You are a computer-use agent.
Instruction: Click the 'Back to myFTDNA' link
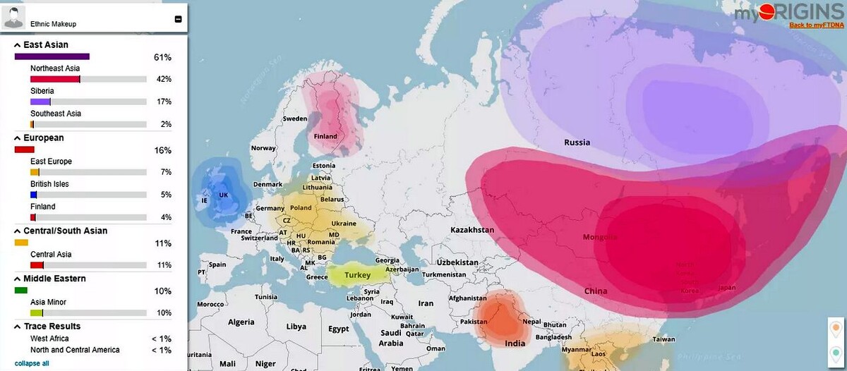click(x=816, y=25)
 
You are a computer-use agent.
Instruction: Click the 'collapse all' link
click(x=32, y=363)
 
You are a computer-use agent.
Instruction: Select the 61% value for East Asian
click(x=162, y=56)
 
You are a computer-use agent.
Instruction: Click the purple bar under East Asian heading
click(x=52, y=56)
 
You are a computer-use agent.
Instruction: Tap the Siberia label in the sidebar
click(x=42, y=91)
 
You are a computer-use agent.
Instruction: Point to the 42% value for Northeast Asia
click(x=164, y=79)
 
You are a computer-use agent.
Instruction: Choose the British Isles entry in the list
click(x=49, y=184)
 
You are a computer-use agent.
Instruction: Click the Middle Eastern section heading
click(x=54, y=279)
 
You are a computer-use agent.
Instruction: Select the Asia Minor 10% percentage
click(x=163, y=312)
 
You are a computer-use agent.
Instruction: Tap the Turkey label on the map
click(x=357, y=275)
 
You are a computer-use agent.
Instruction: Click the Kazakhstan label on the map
click(x=471, y=231)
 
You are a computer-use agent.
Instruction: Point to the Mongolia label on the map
click(x=600, y=237)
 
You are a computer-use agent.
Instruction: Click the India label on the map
click(x=515, y=343)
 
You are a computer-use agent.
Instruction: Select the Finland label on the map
click(x=325, y=136)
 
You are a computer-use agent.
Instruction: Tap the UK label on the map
click(x=224, y=195)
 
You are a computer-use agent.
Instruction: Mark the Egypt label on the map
click(x=339, y=329)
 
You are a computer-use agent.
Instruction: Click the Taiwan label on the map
click(x=663, y=339)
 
